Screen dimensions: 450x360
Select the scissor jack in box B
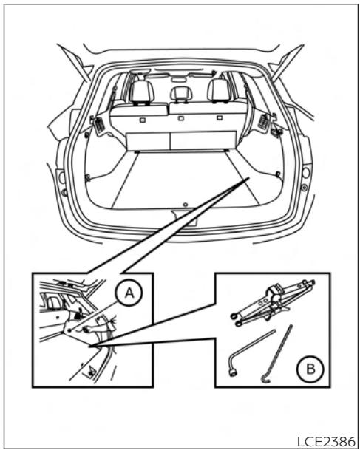(271, 302)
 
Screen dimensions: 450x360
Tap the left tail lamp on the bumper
(61, 180)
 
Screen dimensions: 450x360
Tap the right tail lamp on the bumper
(304, 174)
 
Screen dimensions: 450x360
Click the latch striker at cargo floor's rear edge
(180, 212)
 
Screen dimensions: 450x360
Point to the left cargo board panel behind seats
(147, 140)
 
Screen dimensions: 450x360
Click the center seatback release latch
(180, 117)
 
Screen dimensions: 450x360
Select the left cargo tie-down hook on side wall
(88, 177)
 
